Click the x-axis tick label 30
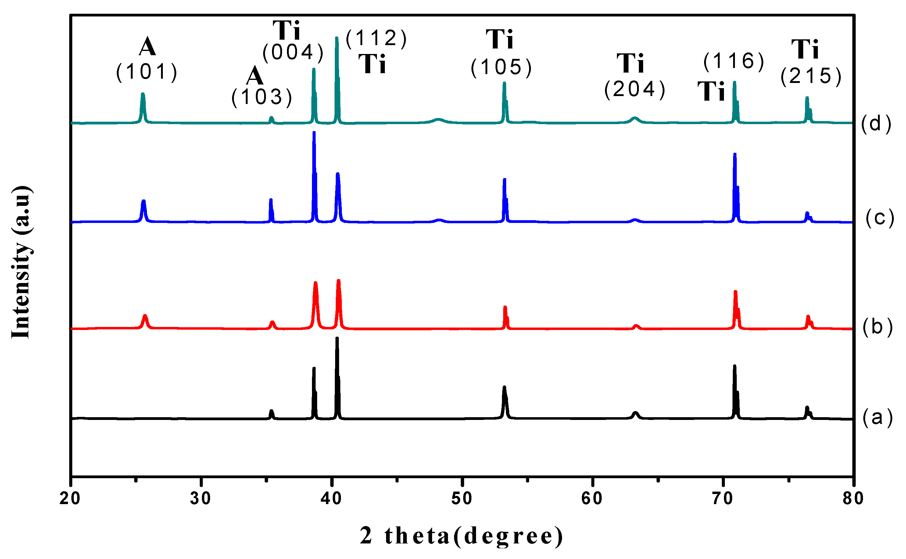[201, 498]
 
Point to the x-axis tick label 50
[462, 498]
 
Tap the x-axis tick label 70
[723, 498]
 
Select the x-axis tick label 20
[70, 498]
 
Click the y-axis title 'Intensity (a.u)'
[21, 263]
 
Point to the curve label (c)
[880, 218]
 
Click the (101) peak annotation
[147, 72]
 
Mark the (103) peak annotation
[262, 97]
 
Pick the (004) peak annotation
[293, 52]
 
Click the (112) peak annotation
[376, 38]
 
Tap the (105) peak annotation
[501, 67]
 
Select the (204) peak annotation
[635, 89]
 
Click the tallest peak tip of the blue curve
[314, 132]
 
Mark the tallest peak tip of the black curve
[337, 338]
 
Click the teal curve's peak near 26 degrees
[143, 94]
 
